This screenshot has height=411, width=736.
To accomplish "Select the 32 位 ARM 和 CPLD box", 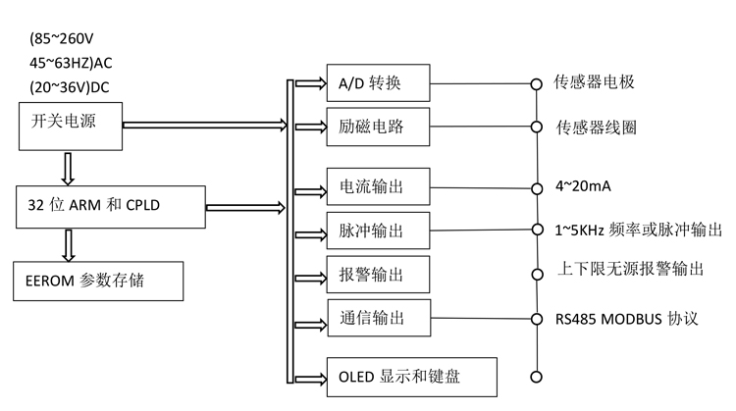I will pyautogui.click(x=107, y=207).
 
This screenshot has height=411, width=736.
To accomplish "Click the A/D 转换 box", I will pyautogui.click(x=378, y=84).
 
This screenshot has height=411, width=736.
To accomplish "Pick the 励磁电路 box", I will pyautogui.click(x=378, y=128).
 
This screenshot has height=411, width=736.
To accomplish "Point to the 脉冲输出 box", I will pyautogui.click(x=378, y=231).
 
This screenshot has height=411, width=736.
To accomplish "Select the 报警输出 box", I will pyautogui.click(x=378, y=275).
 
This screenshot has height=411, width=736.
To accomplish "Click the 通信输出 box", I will pyautogui.click(x=378, y=319).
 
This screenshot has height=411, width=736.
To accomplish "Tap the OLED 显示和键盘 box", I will pyautogui.click(x=412, y=375).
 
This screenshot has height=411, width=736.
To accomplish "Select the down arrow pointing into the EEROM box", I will pyautogui.click(x=68, y=243).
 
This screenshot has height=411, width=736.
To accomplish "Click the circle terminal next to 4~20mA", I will pyautogui.click(x=536, y=186).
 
